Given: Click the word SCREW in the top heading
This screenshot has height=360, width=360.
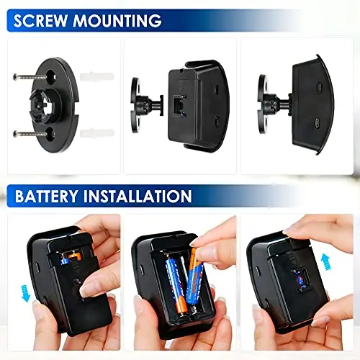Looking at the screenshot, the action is (40, 21).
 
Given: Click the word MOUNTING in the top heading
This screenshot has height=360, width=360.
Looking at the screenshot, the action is (117, 21).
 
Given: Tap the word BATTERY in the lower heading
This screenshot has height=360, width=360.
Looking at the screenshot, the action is (46, 196).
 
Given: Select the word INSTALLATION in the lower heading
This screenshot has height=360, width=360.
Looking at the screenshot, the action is (138, 196).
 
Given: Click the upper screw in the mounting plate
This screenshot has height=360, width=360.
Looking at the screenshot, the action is (30, 77).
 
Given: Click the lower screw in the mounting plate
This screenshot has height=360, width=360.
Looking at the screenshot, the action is (30, 134).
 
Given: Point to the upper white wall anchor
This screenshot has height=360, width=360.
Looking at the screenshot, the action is (97, 77).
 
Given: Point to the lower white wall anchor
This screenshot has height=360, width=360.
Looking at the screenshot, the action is (97, 132).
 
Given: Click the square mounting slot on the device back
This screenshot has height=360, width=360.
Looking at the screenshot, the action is (179, 105).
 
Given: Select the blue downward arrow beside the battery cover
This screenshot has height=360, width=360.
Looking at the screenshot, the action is (25, 293).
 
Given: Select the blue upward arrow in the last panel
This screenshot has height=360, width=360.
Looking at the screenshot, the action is (326, 262).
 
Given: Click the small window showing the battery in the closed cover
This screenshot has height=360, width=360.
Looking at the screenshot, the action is (301, 280).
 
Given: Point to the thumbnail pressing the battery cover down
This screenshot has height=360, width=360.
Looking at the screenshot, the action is (86, 289).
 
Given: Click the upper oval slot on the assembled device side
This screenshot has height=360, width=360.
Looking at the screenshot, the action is (319, 87).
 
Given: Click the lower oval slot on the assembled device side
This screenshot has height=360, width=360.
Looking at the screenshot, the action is (317, 123).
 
